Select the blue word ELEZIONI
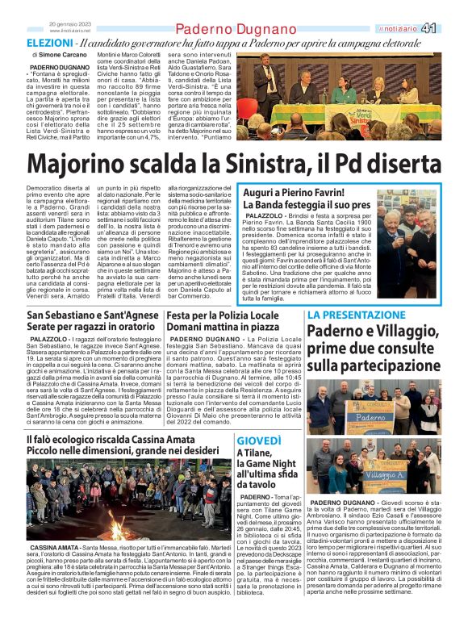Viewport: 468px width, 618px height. [50, 42]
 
